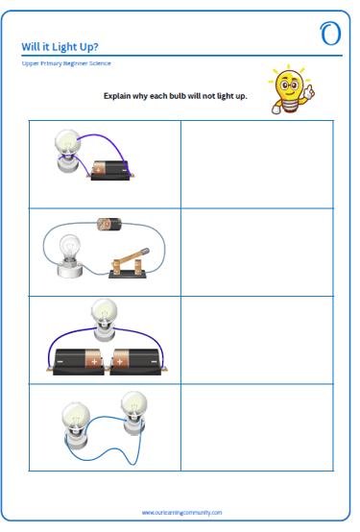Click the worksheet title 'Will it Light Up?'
click(x=60, y=47)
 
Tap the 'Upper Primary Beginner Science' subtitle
click(x=66, y=63)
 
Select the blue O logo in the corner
click(x=330, y=34)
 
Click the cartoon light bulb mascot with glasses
click(x=291, y=89)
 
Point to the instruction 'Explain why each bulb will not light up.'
click(x=175, y=96)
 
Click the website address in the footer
click(x=181, y=513)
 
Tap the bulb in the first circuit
click(x=68, y=151)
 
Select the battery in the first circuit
click(x=110, y=170)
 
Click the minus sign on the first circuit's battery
click(x=125, y=170)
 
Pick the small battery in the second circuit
click(x=109, y=225)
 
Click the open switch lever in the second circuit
click(x=130, y=258)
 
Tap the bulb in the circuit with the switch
click(x=70, y=255)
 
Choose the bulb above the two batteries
click(x=105, y=319)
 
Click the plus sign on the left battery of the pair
click(x=94, y=362)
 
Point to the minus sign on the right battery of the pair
click(x=154, y=362)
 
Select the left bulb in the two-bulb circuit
click(x=76, y=424)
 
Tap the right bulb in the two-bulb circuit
click(x=134, y=413)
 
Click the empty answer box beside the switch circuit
click(x=257, y=253)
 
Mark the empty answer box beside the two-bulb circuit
click(x=257, y=427)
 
